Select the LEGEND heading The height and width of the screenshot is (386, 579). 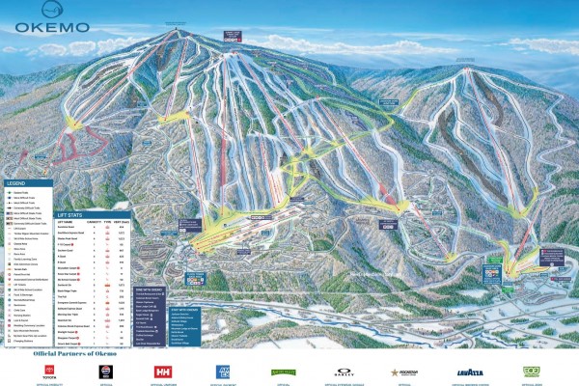point(14,183)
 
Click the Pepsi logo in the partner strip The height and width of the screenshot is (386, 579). point(108,371)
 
